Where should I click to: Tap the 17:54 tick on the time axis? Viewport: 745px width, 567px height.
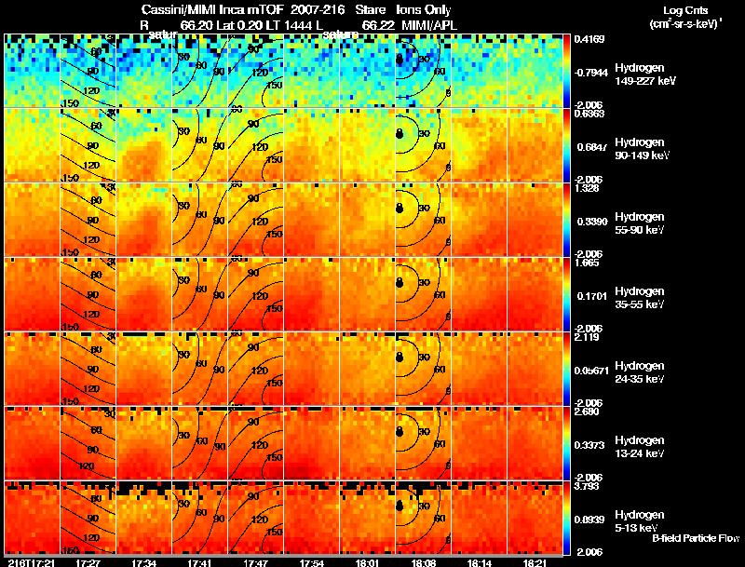click(312, 562)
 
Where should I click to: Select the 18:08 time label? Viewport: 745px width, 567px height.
click(424, 562)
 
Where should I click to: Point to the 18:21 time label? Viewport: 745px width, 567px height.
click(535, 562)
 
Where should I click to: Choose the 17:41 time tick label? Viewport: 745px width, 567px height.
click(200, 562)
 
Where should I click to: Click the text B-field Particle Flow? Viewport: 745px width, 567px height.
click(695, 538)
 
